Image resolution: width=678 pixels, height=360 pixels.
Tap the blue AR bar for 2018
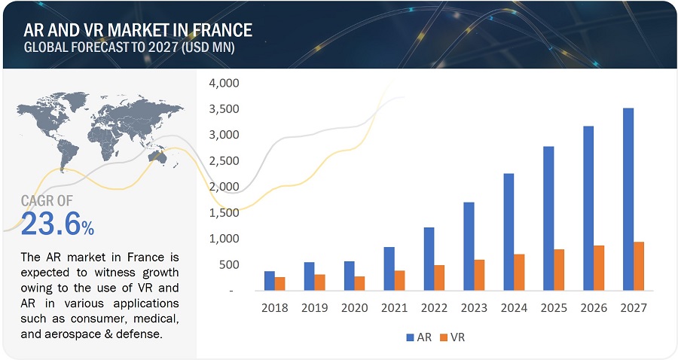tap(270, 280)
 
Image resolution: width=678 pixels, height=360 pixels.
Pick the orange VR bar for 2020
tap(360, 283)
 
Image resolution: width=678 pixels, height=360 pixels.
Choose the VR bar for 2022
tap(439, 277)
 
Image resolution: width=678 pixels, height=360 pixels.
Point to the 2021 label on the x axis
tap(394, 307)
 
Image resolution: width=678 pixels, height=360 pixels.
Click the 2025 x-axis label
tap(554, 307)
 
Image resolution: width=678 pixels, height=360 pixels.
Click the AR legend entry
tap(419, 337)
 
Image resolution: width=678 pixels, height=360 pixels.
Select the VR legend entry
tap(452, 337)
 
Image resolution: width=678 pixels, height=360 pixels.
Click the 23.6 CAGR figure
tap(50, 224)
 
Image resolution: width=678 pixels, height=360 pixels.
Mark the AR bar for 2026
tap(588, 208)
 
